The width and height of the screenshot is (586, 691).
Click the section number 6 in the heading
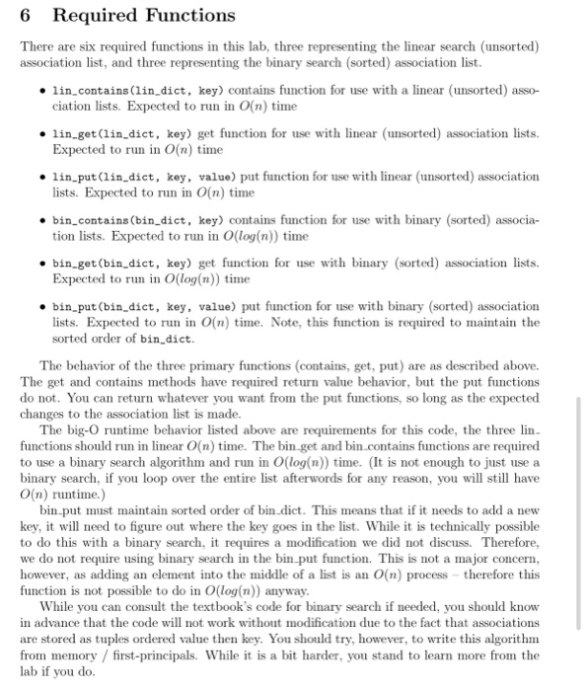(x=26, y=16)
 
